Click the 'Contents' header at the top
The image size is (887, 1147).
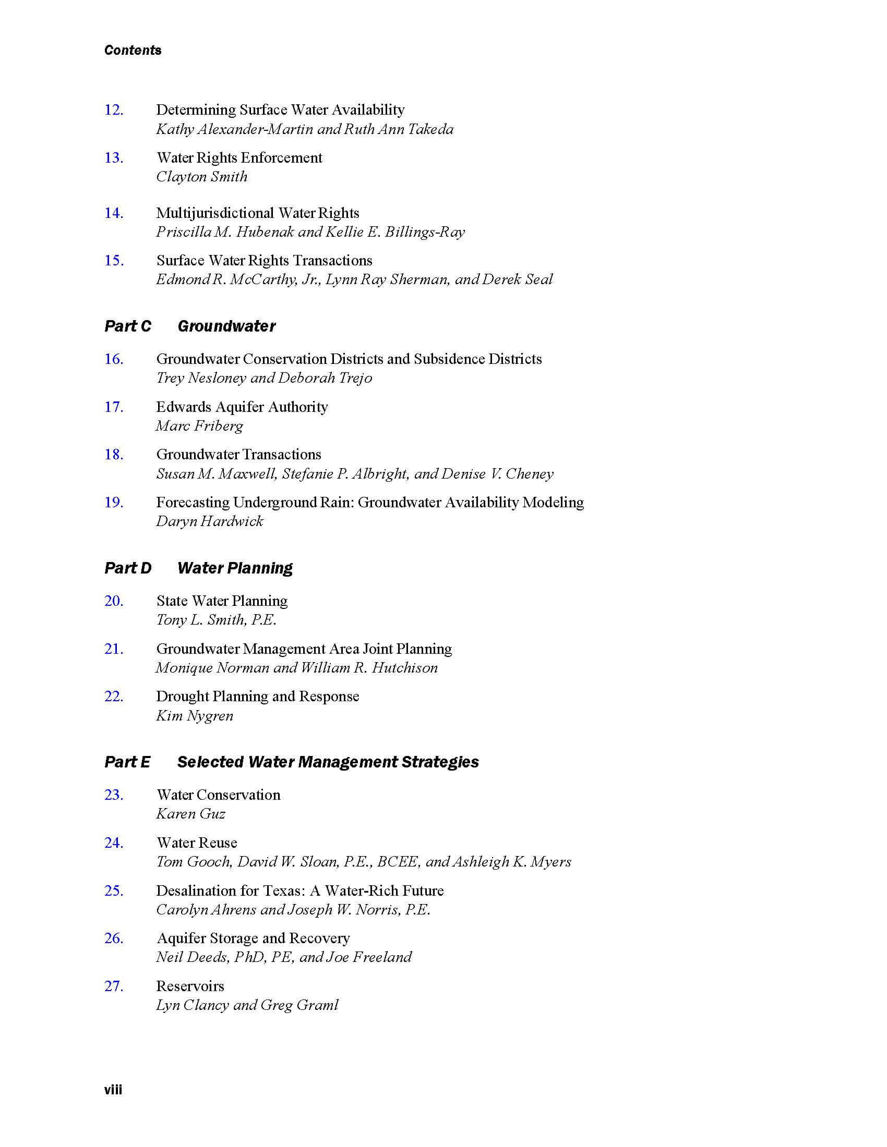coord(133,50)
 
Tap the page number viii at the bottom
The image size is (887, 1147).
coord(113,1090)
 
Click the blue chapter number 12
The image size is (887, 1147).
coord(114,110)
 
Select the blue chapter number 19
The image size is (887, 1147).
coord(114,503)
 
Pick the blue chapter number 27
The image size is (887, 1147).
coord(114,986)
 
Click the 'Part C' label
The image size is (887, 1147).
coord(127,326)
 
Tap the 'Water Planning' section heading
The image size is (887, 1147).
coord(235,568)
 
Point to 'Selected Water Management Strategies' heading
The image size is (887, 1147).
coord(328,762)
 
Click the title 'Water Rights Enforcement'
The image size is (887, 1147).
coord(239,157)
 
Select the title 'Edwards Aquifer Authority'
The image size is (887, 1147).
coord(242,407)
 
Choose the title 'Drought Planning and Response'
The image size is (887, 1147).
coord(257,697)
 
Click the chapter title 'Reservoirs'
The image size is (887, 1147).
coord(190,986)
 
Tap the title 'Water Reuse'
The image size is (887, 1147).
coord(197,843)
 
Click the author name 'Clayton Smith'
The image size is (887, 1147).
coord(201,176)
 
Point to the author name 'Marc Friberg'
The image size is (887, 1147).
coord(199,426)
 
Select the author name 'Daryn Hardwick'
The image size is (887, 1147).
coord(209,521)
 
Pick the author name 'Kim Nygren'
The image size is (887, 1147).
coord(195,716)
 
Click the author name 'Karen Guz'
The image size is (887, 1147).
coord(190,814)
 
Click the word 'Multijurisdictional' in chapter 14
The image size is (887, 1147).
coord(215,213)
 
